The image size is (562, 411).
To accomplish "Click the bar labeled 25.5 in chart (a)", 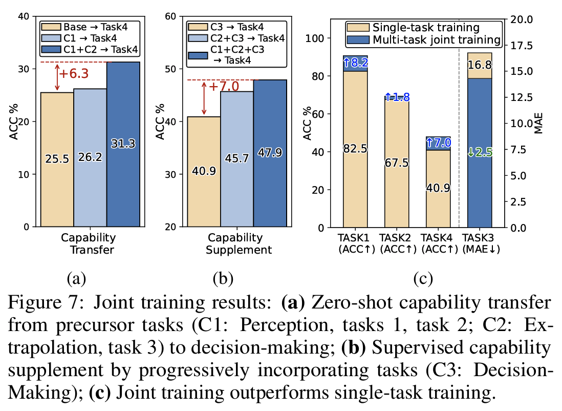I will (x=57, y=159).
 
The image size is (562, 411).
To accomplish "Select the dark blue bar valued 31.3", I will (x=123, y=144).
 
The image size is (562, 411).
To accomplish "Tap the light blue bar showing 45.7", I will (x=237, y=159).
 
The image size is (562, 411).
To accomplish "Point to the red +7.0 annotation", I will (x=222, y=86).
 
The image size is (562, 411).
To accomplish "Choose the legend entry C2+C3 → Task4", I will (x=236, y=37).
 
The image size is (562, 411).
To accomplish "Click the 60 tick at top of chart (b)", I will (x=171, y=16).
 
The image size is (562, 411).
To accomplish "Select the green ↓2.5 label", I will (x=480, y=152).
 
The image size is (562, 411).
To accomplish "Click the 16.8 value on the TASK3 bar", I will (x=480, y=65).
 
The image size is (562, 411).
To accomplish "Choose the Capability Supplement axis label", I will (x=235, y=244).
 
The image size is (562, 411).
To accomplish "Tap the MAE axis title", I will (x=539, y=124).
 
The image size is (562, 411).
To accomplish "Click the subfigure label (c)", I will (x=423, y=279).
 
